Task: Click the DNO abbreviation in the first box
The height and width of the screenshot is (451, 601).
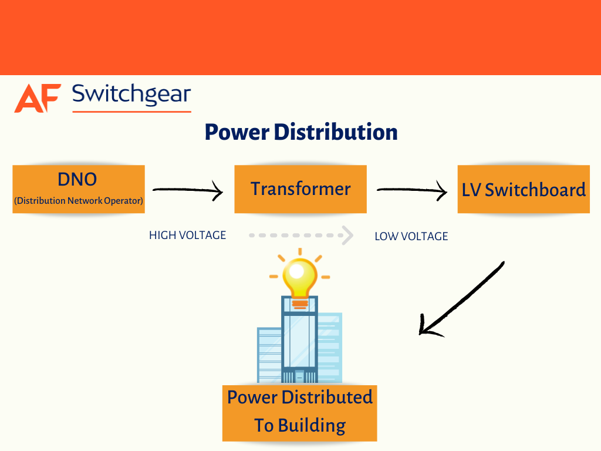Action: coord(77,180)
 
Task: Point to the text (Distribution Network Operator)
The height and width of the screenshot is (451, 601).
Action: coord(78,201)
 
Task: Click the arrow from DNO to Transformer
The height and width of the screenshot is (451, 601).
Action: coord(188,190)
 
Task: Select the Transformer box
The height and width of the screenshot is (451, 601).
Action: coord(300,189)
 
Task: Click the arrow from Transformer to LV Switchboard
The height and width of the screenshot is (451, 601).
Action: coord(411,190)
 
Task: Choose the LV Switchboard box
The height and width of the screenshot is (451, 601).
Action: coord(524,190)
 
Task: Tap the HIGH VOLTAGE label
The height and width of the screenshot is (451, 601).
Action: coord(187,235)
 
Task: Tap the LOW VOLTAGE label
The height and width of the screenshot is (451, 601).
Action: coord(411,236)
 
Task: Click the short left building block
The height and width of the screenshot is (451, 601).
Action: coord(268,355)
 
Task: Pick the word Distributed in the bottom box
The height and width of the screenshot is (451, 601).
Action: coord(327,398)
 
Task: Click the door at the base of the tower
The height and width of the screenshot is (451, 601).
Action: coord(299,376)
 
